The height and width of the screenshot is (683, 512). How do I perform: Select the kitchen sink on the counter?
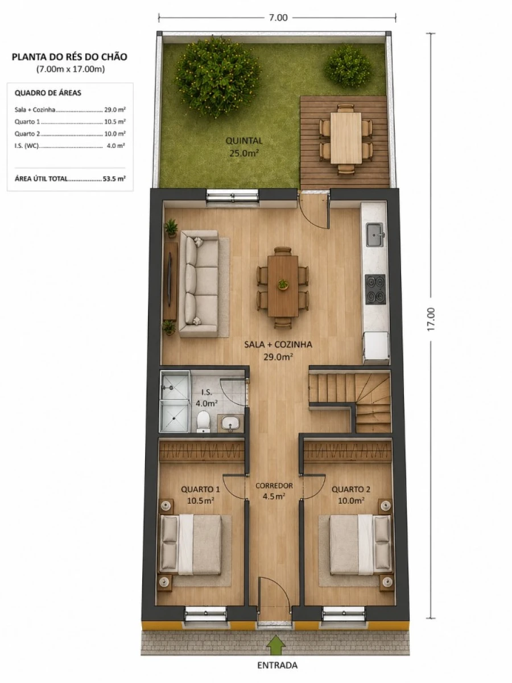pyautogui.click(x=376, y=234)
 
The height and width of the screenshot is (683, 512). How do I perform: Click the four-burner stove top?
pyautogui.click(x=375, y=289)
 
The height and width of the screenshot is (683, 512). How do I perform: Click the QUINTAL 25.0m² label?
pyautogui.click(x=244, y=147)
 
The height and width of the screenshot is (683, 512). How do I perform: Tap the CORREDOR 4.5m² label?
pyautogui.click(x=274, y=491)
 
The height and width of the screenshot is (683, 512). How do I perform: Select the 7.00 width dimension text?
pyautogui.click(x=278, y=18)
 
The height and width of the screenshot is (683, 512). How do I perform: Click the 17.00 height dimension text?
pyautogui.click(x=431, y=319)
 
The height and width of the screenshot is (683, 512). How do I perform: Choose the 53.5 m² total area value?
pyautogui.click(x=114, y=179)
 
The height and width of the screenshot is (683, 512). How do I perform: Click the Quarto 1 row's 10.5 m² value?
pyautogui.click(x=115, y=122)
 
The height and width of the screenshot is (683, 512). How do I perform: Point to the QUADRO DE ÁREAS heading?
pyautogui.click(x=48, y=93)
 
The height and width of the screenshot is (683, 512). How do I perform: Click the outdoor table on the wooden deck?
pyautogui.click(x=346, y=138)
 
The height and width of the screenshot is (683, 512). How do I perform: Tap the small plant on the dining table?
pyautogui.click(x=283, y=285)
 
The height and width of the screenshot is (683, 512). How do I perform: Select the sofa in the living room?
pyautogui.click(x=199, y=283)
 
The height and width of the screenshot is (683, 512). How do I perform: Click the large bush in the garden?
pyautogui.click(x=218, y=76)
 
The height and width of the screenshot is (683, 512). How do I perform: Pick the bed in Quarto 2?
pyautogui.click(x=361, y=545)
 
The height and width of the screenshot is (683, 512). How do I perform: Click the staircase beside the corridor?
pyautogui.click(x=350, y=401)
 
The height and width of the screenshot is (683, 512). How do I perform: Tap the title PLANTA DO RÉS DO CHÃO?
pyautogui.click(x=69, y=57)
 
